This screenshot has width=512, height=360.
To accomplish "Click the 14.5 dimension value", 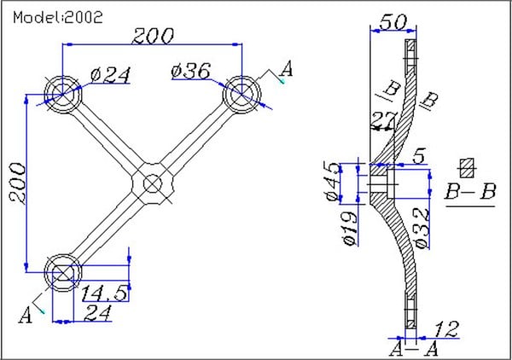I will [x=105, y=293].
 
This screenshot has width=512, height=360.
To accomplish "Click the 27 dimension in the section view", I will [x=385, y=119].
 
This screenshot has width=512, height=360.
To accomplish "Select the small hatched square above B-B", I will [x=466, y=166].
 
